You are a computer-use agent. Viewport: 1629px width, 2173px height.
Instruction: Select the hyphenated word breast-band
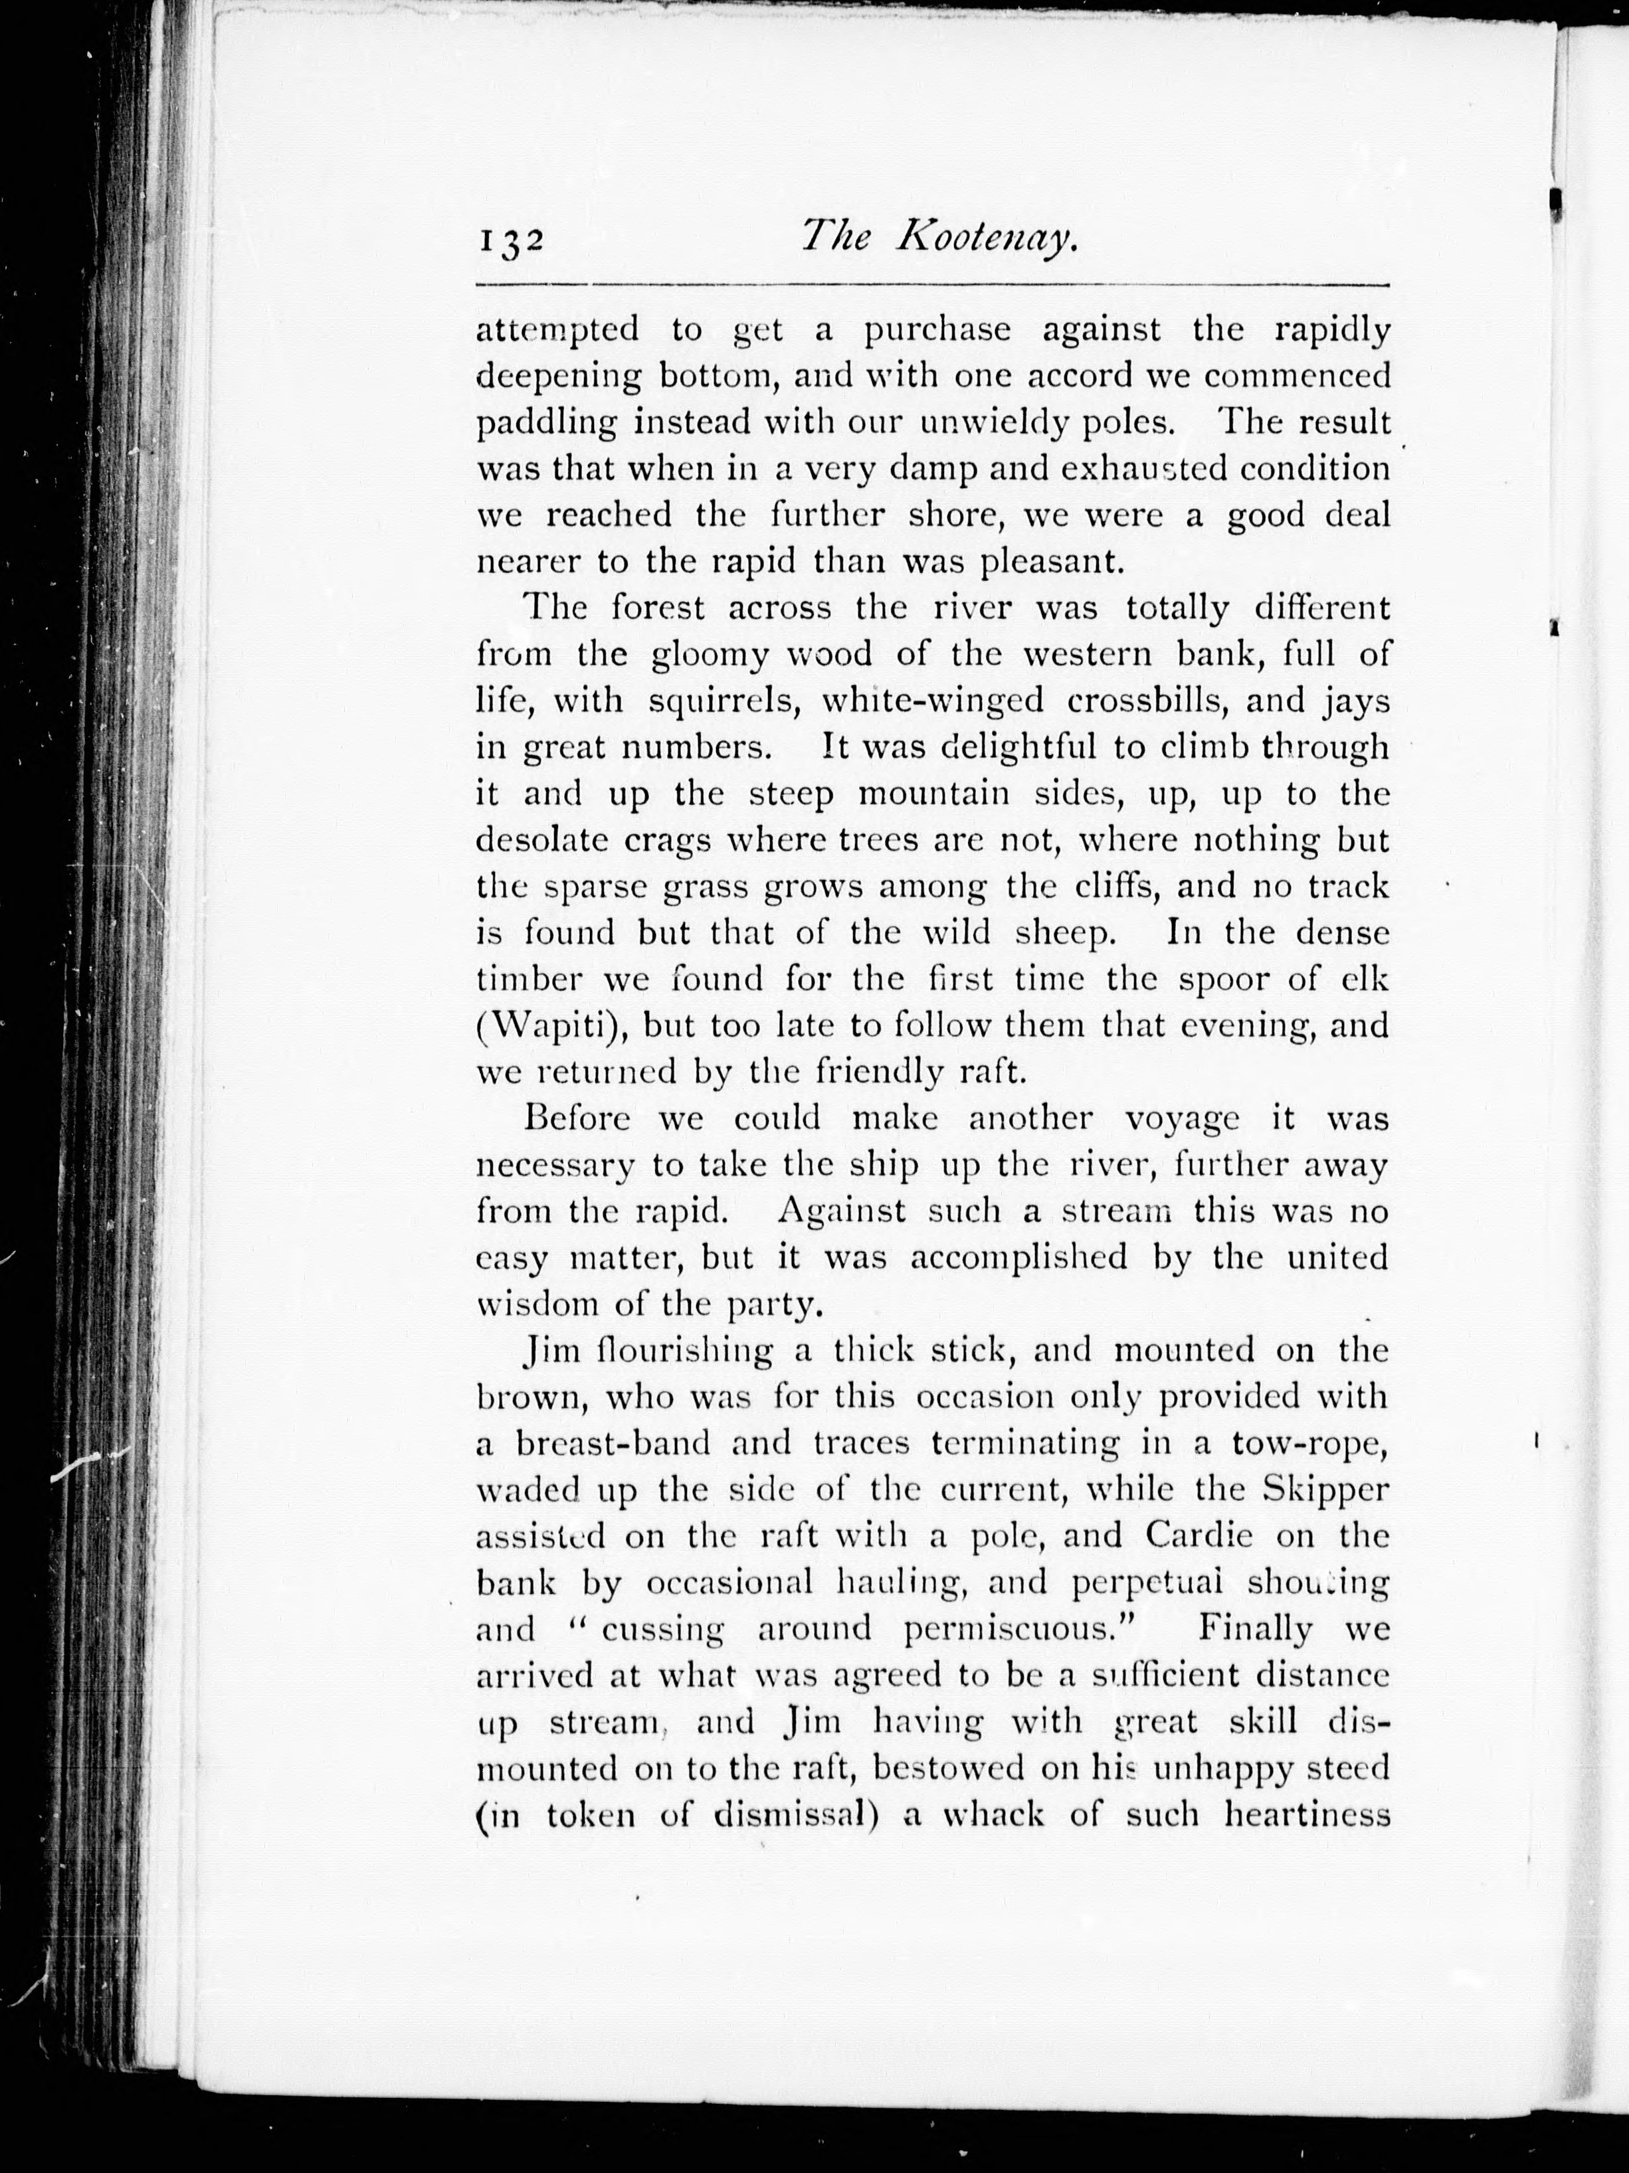coord(605,1444)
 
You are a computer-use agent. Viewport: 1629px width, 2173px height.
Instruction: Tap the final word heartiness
coord(1307,1814)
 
